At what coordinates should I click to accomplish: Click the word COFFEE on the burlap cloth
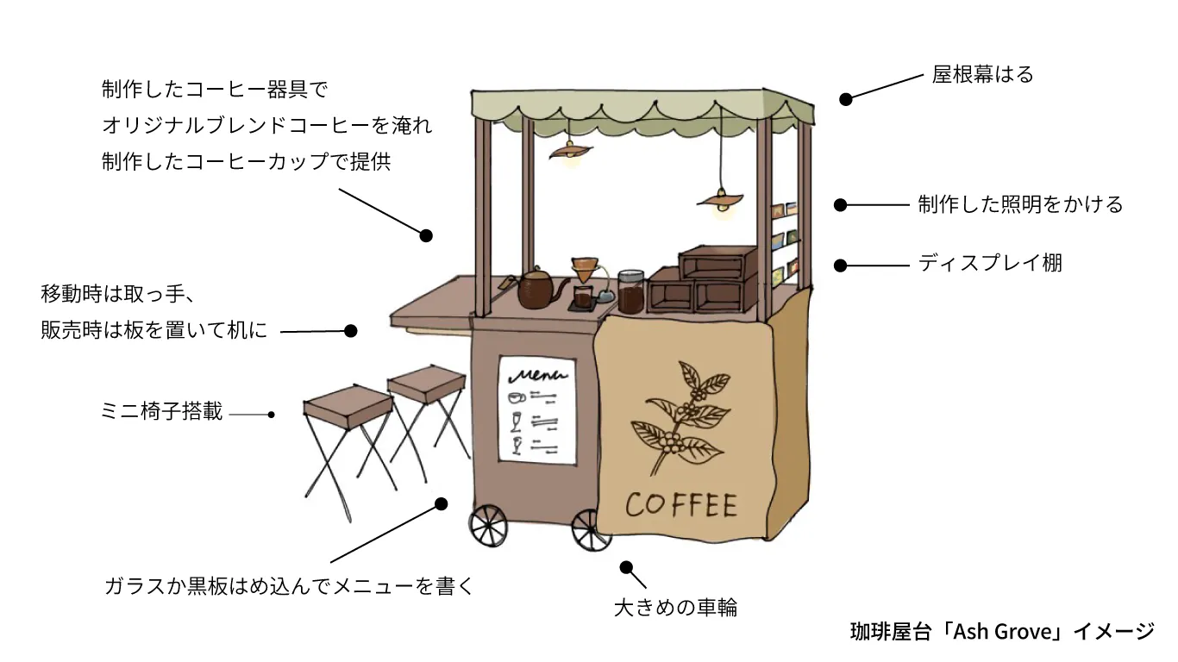(681, 505)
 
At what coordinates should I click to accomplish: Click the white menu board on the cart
(537, 409)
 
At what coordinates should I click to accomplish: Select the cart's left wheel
(487, 524)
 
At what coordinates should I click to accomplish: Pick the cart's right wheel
(590, 528)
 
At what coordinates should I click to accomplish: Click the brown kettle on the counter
(538, 288)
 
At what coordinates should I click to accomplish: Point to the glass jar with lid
(630, 291)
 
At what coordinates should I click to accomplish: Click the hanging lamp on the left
(570, 152)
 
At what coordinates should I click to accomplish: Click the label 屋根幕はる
(982, 75)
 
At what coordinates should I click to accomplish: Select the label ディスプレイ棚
(989, 263)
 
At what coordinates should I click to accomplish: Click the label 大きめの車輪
(675, 607)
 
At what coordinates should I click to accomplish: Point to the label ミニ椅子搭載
(161, 412)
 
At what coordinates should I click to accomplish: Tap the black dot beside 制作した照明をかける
(840, 205)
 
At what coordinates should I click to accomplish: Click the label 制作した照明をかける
(1020, 204)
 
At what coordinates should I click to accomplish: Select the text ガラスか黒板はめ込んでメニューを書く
(288, 587)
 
